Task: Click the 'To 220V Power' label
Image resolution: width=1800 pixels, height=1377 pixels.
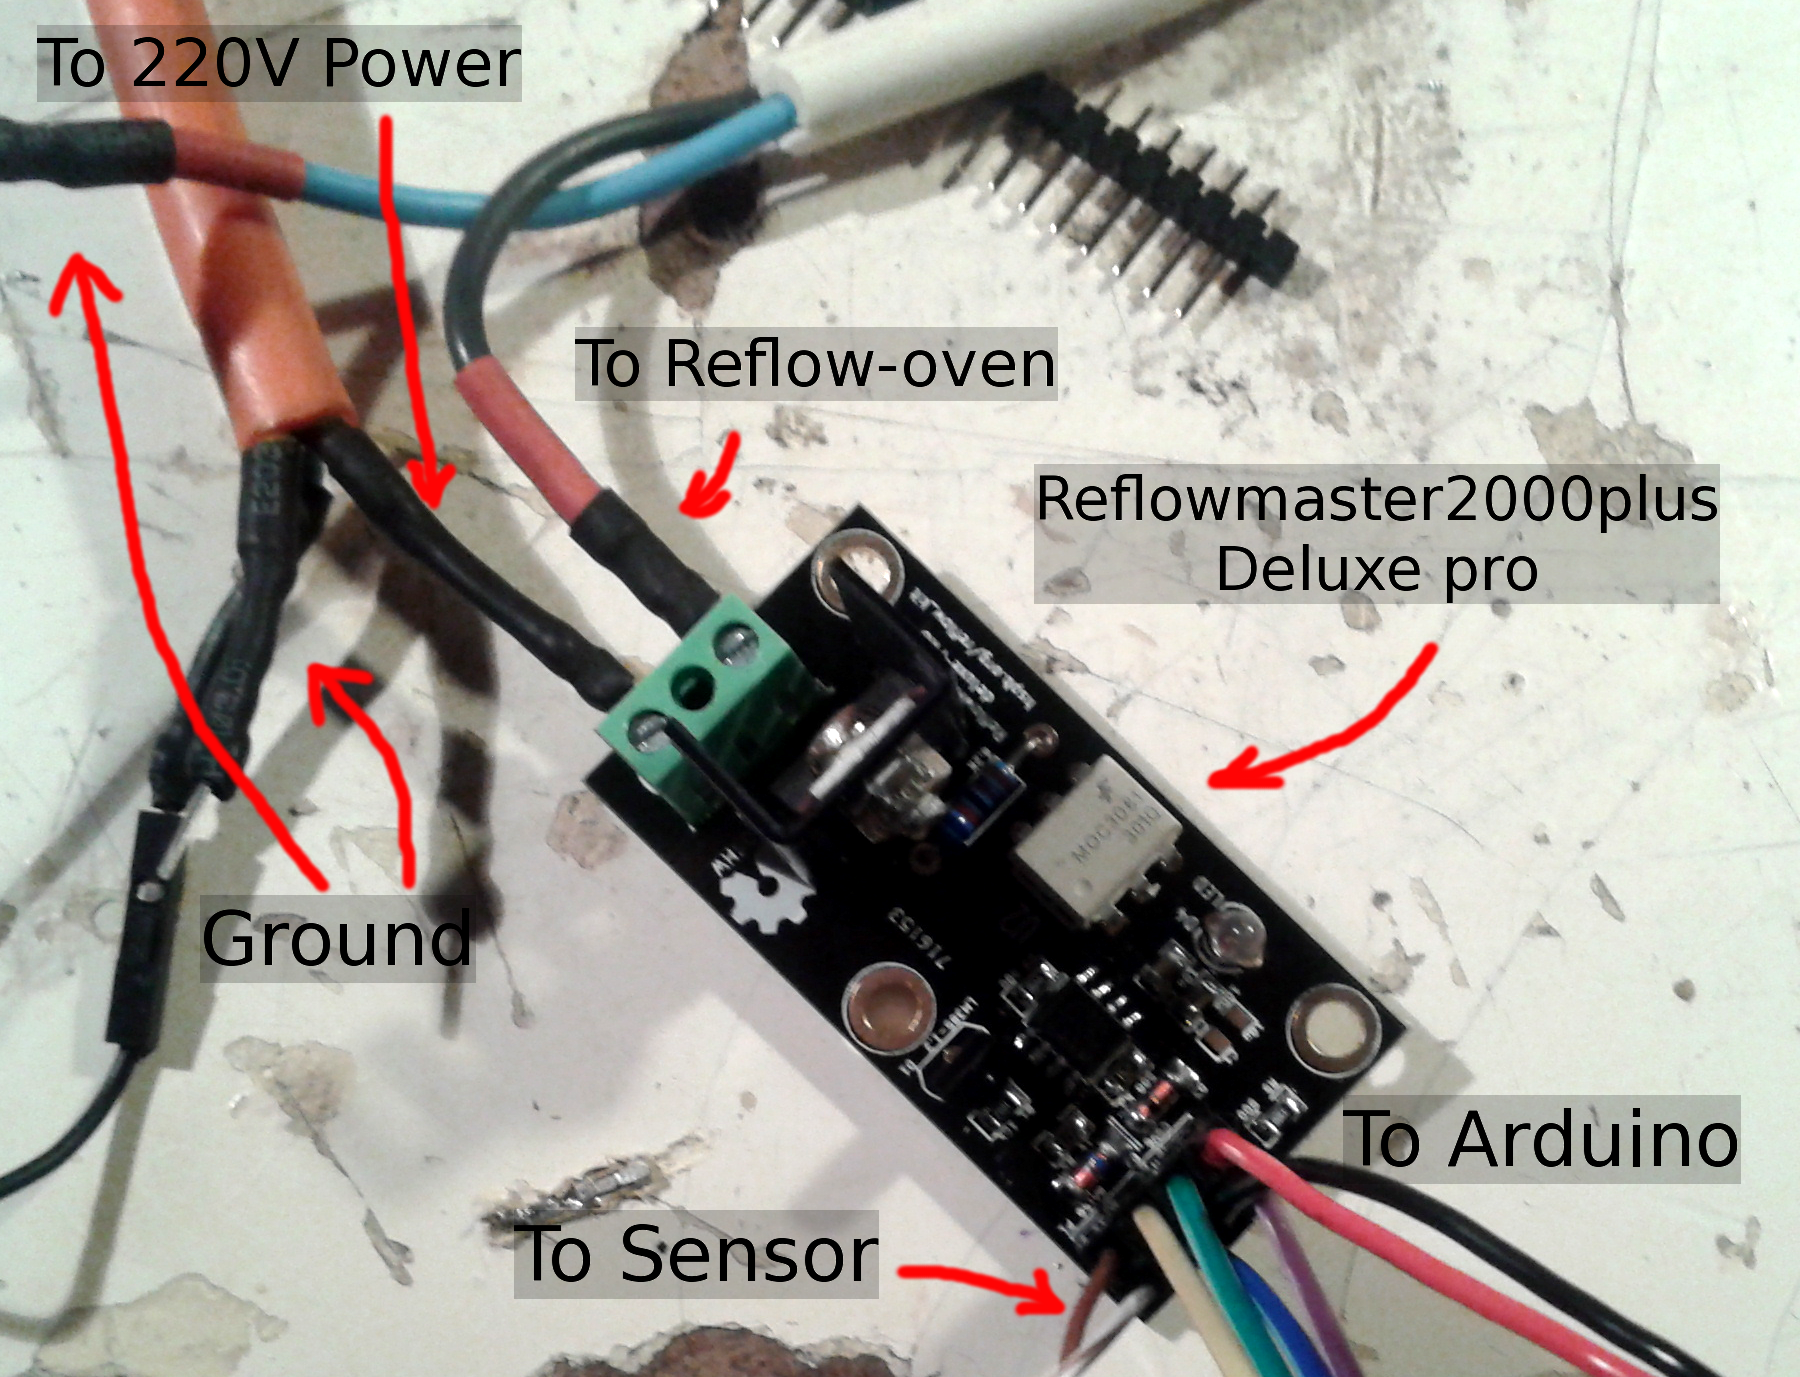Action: [278, 64]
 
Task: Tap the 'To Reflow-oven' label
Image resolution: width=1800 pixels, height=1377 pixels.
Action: [815, 363]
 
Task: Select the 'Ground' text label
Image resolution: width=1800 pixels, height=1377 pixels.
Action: [337, 939]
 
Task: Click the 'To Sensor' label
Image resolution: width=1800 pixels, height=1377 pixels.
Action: [697, 1254]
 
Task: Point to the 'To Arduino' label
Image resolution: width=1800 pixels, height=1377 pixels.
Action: [1543, 1139]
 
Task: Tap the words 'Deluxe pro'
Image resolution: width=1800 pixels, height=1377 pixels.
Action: [1376, 569]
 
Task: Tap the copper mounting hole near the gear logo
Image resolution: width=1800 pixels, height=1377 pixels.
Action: [889, 1010]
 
